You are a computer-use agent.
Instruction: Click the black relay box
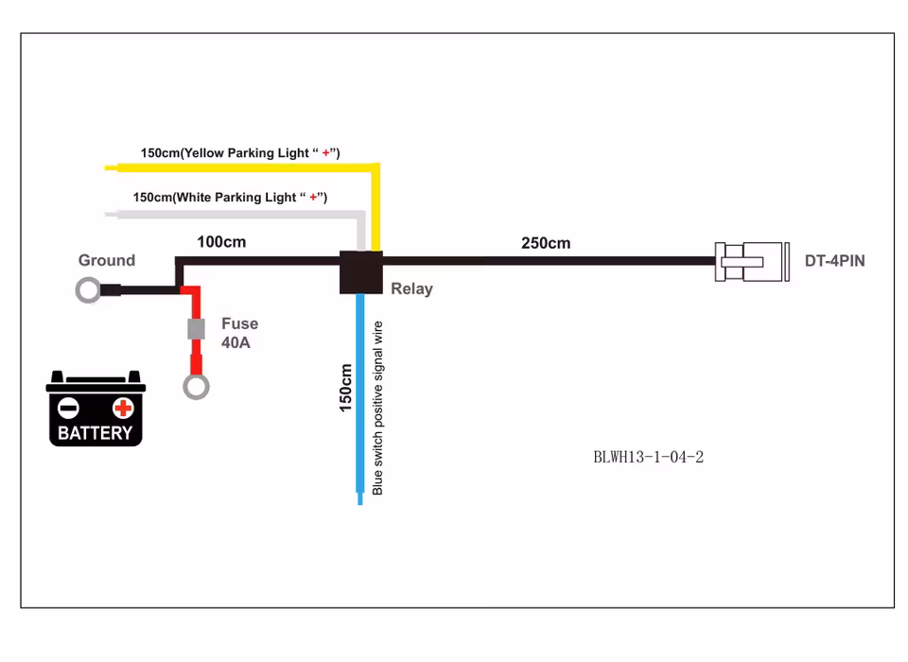(360, 272)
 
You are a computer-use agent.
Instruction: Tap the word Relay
(411, 289)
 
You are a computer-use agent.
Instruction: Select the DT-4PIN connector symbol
(751, 261)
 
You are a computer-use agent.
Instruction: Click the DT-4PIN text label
(834, 261)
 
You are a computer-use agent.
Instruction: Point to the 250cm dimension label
(546, 243)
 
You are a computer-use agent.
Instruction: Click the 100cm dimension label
(221, 242)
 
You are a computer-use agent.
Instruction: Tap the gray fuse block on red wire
(197, 329)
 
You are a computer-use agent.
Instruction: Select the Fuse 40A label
(239, 333)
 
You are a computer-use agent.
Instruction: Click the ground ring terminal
(88, 290)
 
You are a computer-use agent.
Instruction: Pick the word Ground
(106, 261)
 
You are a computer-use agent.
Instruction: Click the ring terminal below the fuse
(197, 386)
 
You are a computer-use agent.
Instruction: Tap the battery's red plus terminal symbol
(123, 409)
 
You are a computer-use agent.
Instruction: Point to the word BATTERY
(95, 434)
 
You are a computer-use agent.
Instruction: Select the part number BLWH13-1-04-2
(648, 458)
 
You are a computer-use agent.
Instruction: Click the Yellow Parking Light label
(240, 153)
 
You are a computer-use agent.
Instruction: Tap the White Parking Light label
(230, 198)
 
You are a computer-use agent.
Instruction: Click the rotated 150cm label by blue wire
(346, 387)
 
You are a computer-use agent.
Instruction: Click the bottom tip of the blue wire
(360, 500)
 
